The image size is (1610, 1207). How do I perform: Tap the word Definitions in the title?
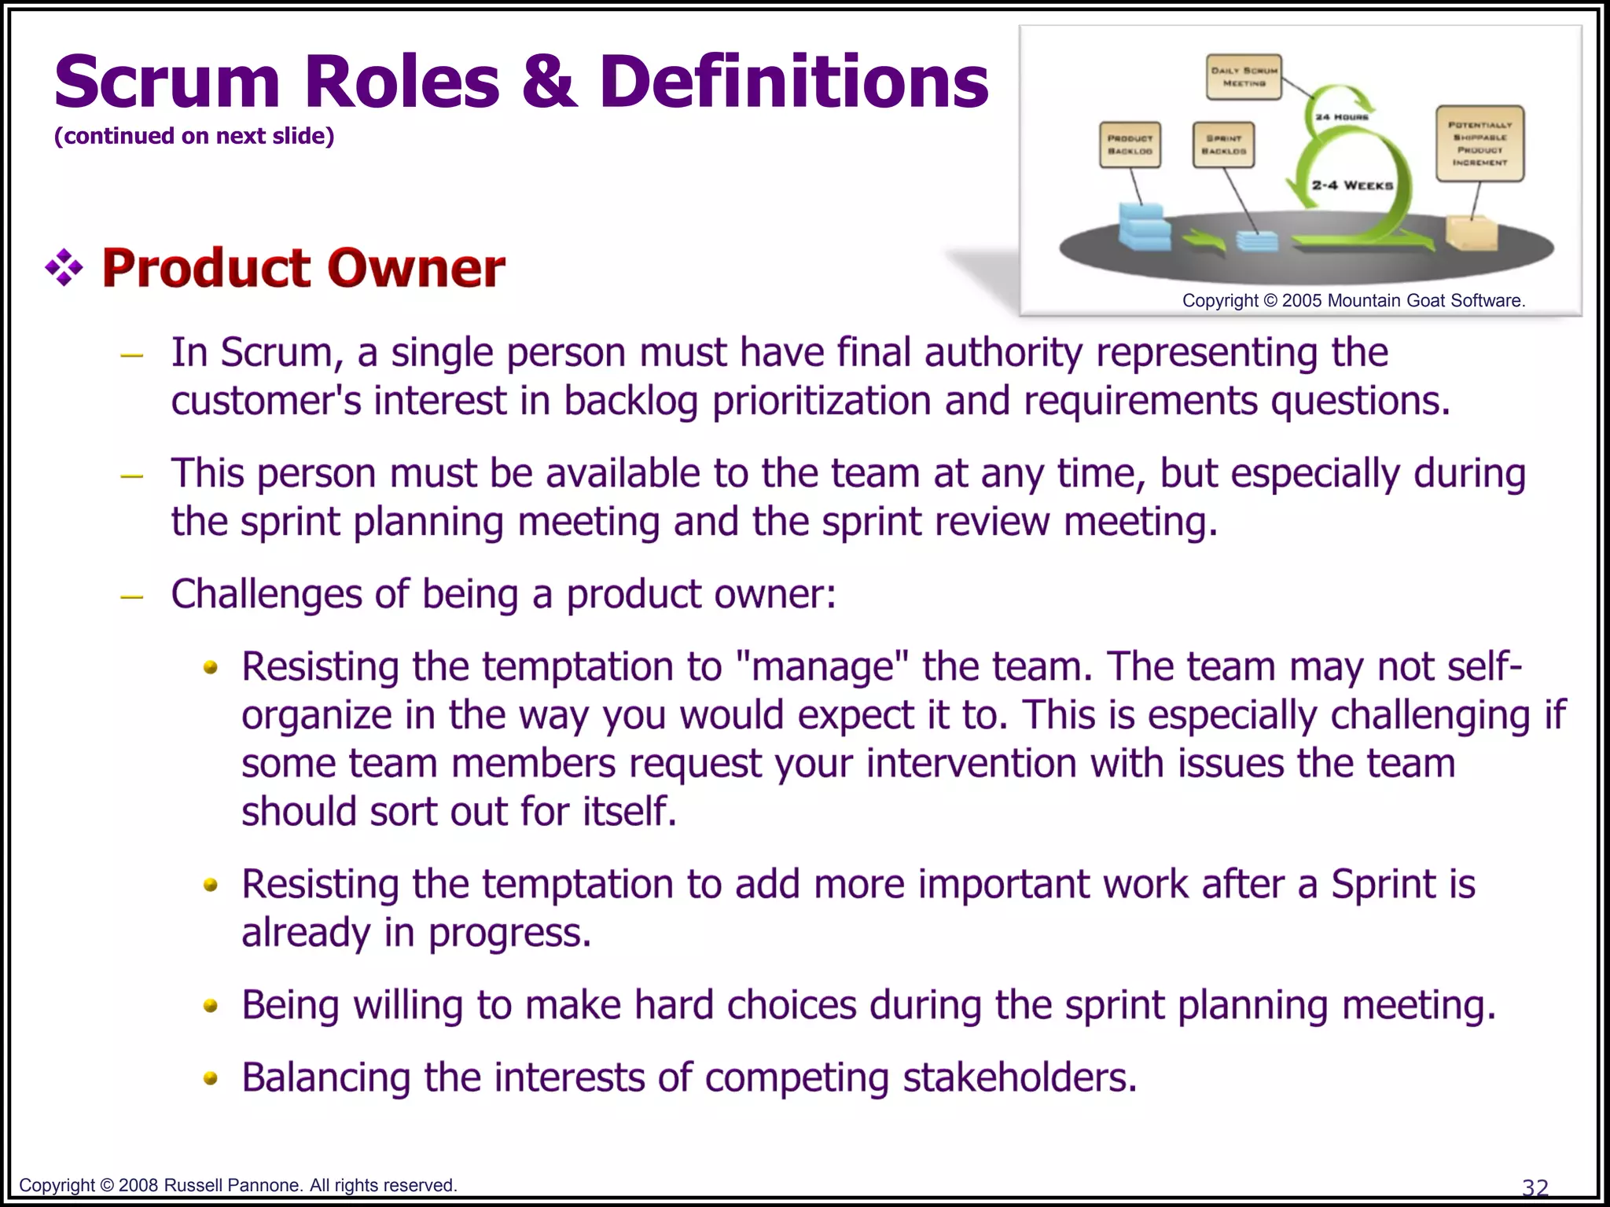[x=793, y=82]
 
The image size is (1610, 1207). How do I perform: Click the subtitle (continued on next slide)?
[x=194, y=136]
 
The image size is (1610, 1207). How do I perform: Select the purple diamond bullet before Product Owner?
[x=64, y=269]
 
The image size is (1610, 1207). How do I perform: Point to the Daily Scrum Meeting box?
[x=1244, y=77]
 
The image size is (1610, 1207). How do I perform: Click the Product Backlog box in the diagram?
[x=1130, y=145]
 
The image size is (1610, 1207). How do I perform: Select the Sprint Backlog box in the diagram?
[x=1223, y=145]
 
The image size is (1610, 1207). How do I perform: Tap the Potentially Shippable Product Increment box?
[x=1480, y=144]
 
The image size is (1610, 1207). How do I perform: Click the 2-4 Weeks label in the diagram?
[x=1352, y=185]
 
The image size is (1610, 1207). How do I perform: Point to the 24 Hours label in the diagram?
[x=1342, y=117]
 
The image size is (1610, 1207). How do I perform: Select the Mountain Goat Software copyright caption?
[x=1353, y=301]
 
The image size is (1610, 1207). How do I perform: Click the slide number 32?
[x=1535, y=1187]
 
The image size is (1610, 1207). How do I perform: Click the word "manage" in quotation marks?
[x=822, y=667]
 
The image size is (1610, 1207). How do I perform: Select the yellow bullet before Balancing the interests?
[x=210, y=1079]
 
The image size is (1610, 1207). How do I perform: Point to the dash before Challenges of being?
[x=132, y=596]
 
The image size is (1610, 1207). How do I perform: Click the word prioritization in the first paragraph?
[x=821, y=402]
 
